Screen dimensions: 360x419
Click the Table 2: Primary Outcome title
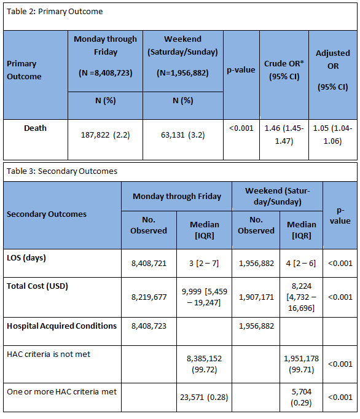(55, 12)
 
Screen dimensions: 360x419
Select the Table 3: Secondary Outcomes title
(62, 171)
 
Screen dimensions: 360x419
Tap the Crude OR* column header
(284, 70)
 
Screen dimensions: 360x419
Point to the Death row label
(35, 128)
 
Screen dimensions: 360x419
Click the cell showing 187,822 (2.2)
(105, 135)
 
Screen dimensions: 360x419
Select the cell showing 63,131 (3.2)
(183, 135)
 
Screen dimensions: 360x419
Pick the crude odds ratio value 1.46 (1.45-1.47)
(284, 135)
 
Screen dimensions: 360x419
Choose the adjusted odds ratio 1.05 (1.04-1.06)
(333, 135)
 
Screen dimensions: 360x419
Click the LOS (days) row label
(26, 258)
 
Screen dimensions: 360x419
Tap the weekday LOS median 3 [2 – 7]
(204, 264)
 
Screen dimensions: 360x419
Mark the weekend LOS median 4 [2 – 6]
(301, 264)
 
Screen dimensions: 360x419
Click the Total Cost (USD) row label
(37, 286)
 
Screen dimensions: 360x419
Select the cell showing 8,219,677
(149, 297)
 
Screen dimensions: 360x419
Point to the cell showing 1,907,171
(256, 297)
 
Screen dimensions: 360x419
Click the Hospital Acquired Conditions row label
(61, 326)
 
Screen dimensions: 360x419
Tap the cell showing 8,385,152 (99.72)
(204, 364)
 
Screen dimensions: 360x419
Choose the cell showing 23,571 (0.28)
(204, 397)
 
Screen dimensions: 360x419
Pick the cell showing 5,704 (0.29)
(301, 397)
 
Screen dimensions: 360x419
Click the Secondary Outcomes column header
(47, 214)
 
